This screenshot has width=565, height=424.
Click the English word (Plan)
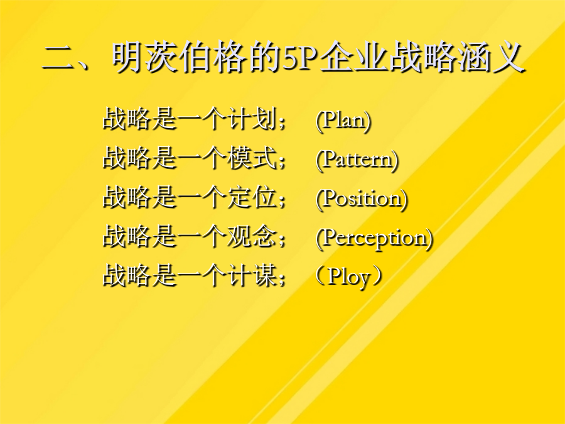click(343, 120)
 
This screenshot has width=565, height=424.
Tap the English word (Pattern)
click(357, 160)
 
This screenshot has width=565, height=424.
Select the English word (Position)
click(362, 198)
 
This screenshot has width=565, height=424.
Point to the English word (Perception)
click(374, 238)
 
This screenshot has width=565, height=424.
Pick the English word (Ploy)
click(348, 277)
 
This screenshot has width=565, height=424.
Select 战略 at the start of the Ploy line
click(127, 276)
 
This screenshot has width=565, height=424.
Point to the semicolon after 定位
click(282, 201)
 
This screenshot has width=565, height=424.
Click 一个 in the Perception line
click(202, 237)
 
